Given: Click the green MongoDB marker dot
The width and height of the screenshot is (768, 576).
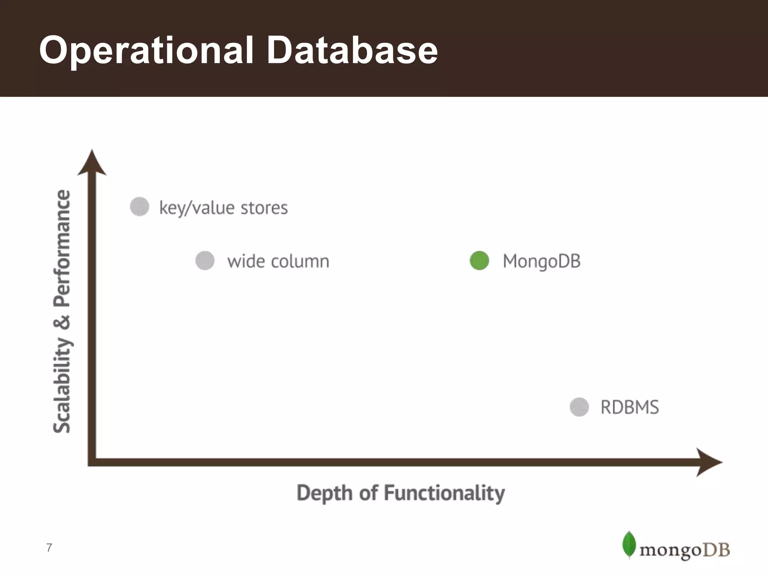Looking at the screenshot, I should (479, 261).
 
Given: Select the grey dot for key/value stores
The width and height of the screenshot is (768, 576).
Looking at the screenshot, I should (139, 207).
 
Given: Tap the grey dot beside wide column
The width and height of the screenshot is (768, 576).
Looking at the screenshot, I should (205, 261).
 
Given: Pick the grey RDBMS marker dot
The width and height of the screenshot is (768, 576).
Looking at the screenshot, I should (579, 407).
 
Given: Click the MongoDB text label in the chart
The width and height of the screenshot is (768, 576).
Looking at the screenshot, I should (541, 261).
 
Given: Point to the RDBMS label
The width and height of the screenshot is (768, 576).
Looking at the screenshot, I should (630, 407).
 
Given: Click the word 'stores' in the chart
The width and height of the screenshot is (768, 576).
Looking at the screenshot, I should (264, 208).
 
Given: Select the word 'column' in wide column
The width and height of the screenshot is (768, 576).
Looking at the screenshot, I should (300, 261).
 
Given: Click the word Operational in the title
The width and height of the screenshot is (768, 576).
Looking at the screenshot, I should (146, 50).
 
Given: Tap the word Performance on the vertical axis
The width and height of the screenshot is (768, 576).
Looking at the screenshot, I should (62, 248).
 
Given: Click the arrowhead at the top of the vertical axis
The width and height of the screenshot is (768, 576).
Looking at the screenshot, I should (92, 163).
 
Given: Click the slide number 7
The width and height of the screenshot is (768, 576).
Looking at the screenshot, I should (49, 548).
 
